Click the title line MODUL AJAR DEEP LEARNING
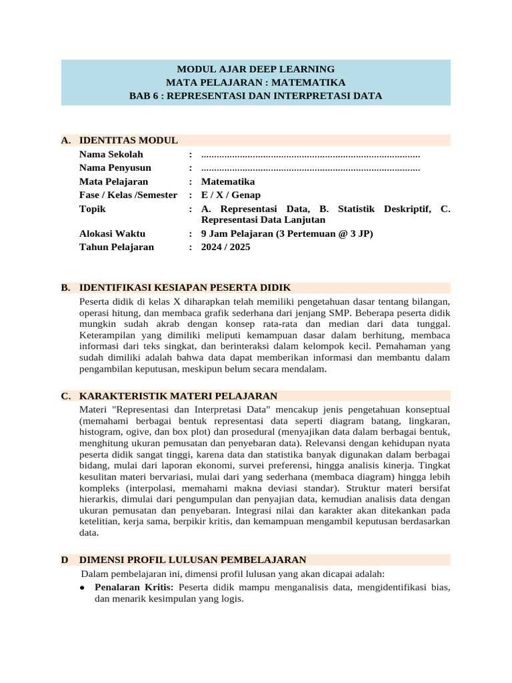[x=255, y=69]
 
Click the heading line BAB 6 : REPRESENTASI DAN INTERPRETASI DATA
[x=255, y=95]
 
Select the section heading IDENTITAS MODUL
[x=128, y=140]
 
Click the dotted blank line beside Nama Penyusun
[x=310, y=168]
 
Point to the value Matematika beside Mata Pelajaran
[x=227, y=181]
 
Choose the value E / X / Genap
[x=231, y=195]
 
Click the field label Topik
[x=92, y=209]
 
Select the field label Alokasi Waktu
[x=112, y=233]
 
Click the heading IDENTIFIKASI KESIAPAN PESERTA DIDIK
[x=185, y=287]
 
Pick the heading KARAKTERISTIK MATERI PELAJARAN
[x=178, y=396]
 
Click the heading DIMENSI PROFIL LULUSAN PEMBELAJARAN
[x=193, y=560]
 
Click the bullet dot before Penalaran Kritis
[x=81, y=588]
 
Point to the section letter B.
[x=65, y=287]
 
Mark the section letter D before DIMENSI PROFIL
[x=65, y=560]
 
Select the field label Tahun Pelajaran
[x=116, y=247]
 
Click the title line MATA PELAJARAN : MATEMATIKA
[x=255, y=82]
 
